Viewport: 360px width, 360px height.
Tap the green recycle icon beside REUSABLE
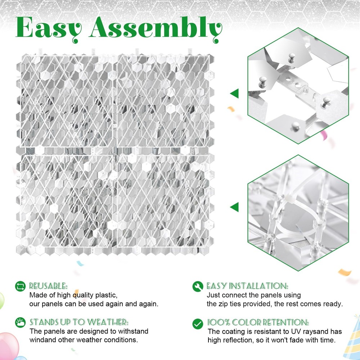coord(20,287)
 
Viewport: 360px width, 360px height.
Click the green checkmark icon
coord(197,323)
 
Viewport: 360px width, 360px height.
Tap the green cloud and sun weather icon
coord(20,322)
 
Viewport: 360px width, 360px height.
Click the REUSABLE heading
coord(48,286)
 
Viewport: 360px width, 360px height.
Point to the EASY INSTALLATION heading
coord(247,286)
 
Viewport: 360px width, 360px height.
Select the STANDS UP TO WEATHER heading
coord(79,322)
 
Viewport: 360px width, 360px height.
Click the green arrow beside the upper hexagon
coord(234,94)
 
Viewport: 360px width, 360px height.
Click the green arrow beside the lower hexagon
coord(234,207)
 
